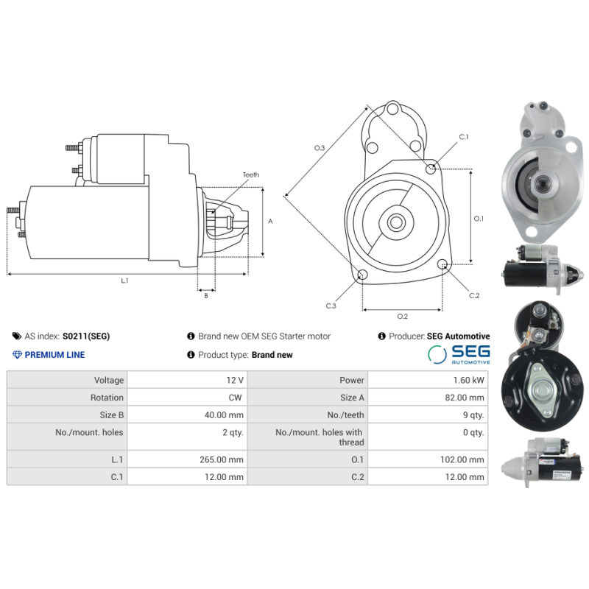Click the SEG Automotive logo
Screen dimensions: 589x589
[459, 354]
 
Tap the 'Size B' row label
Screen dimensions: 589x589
[111, 415]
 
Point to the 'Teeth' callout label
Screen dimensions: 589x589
[251, 174]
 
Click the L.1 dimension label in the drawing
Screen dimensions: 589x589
[124, 281]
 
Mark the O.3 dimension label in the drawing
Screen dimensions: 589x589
[320, 148]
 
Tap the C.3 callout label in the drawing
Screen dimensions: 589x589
[331, 306]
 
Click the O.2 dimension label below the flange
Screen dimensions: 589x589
[402, 317]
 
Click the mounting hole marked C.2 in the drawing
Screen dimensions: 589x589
[442, 264]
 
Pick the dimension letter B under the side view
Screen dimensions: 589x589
[205, 296]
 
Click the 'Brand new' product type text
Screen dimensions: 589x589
[272, 355]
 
